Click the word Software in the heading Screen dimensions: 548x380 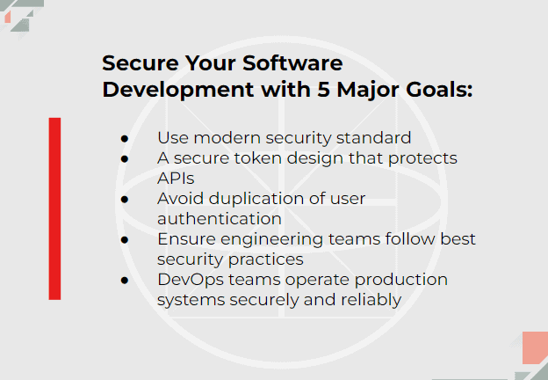click(292, 63)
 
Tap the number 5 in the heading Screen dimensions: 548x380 click(324, 89)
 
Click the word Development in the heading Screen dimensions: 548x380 click(178, 91)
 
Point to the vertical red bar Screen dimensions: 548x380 click(54, 208)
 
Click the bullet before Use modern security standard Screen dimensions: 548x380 click(125, 139)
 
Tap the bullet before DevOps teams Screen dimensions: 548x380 click(125, 281)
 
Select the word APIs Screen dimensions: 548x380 click(176, 179)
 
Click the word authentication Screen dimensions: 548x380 click(220, 219)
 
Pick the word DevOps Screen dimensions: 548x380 click(191, 281)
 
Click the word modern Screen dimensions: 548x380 click(227, 138)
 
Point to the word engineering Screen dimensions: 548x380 click(272, 240)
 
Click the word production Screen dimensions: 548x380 click(400, 281)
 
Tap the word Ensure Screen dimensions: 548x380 click(187, 239)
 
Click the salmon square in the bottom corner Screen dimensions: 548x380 click(535, 347)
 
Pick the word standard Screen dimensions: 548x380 click(373, 138)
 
